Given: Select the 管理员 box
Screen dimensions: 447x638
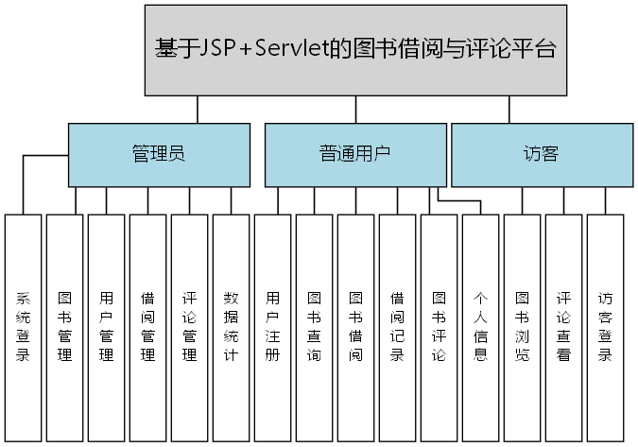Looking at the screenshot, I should pyautogui.click(x=159, y=154).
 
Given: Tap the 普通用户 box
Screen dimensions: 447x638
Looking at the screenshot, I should pyautogui.click(x=354, y=154).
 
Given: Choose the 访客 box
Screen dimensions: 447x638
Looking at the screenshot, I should pyautogui.click(x=542, y=154).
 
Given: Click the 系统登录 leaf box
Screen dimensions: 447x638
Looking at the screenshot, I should pyautogui.click(x=24, y=326).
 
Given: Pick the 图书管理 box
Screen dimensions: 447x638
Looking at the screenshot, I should pyautogui.click(x=65, y=326).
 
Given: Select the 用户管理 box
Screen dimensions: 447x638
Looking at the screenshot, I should pyautogui.click(x=107, y=326).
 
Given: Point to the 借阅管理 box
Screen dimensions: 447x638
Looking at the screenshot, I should pyautogui.click(x=148, y=326).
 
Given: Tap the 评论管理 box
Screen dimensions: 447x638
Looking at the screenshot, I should pyautogui.click(x=190, y=326).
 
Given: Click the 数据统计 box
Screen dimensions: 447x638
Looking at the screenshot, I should pyautogui.click(x=232, y=326).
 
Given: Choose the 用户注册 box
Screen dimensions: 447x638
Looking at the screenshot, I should pyautogui.click(x=273, y=326).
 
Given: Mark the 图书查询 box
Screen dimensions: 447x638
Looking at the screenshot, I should pyautogui.click(x=315, y=326).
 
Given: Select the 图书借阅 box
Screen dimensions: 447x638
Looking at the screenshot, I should pyautogui.click(x=356, y=326).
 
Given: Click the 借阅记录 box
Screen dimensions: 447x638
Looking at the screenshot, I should pyautogui.click(x=398, y=326).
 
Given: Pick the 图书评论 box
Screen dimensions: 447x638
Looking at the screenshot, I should pyautogui.click(x=440, y=326).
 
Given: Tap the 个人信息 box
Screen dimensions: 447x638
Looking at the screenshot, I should pyautogui.click(x=481, y=326).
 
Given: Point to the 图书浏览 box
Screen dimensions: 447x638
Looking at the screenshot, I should pyautogui.click(x=523, y=326).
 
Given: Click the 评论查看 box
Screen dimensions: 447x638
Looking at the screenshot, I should pyautogui.click(x=564, y=326).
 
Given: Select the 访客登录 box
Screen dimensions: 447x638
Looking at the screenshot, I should pyautogui.click(x=606, y=326).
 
